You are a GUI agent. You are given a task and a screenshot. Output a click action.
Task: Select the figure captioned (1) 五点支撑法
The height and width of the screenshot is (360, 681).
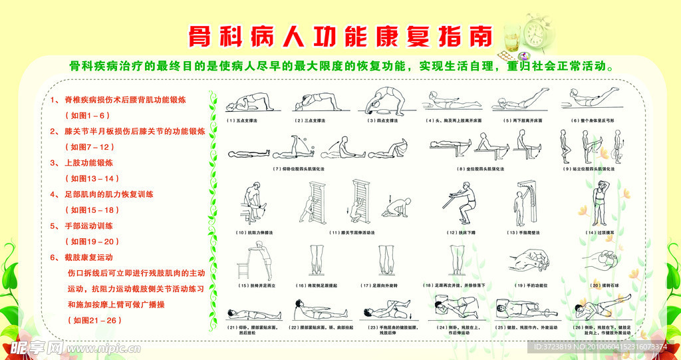click(248, 102)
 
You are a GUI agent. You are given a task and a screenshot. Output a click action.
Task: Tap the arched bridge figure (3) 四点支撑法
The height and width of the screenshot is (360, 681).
click(383, 100)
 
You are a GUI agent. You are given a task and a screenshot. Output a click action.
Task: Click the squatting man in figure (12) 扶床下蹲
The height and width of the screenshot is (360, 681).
click(464, 204)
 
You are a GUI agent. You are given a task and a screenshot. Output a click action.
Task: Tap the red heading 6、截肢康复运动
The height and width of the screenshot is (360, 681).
click(82, 257)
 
